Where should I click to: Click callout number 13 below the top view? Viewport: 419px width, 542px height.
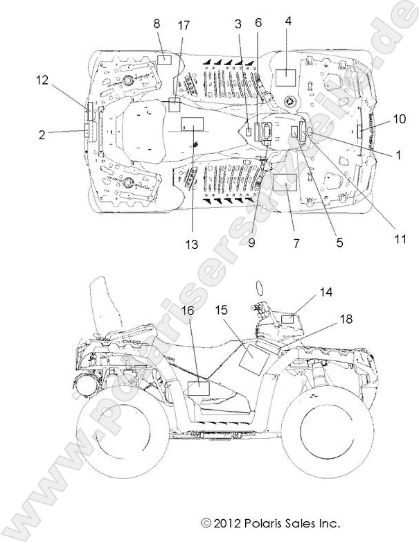coord(191,244)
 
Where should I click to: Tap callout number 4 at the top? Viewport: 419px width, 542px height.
coord(288,21)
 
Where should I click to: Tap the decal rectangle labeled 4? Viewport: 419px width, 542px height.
coord(285,77)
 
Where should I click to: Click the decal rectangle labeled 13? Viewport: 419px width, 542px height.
coord(193,125)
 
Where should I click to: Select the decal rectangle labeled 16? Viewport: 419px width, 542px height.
coord(199,388)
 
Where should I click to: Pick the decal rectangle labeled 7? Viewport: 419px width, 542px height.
coord(284,183)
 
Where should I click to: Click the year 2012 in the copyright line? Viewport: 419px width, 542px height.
coord(231,522)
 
